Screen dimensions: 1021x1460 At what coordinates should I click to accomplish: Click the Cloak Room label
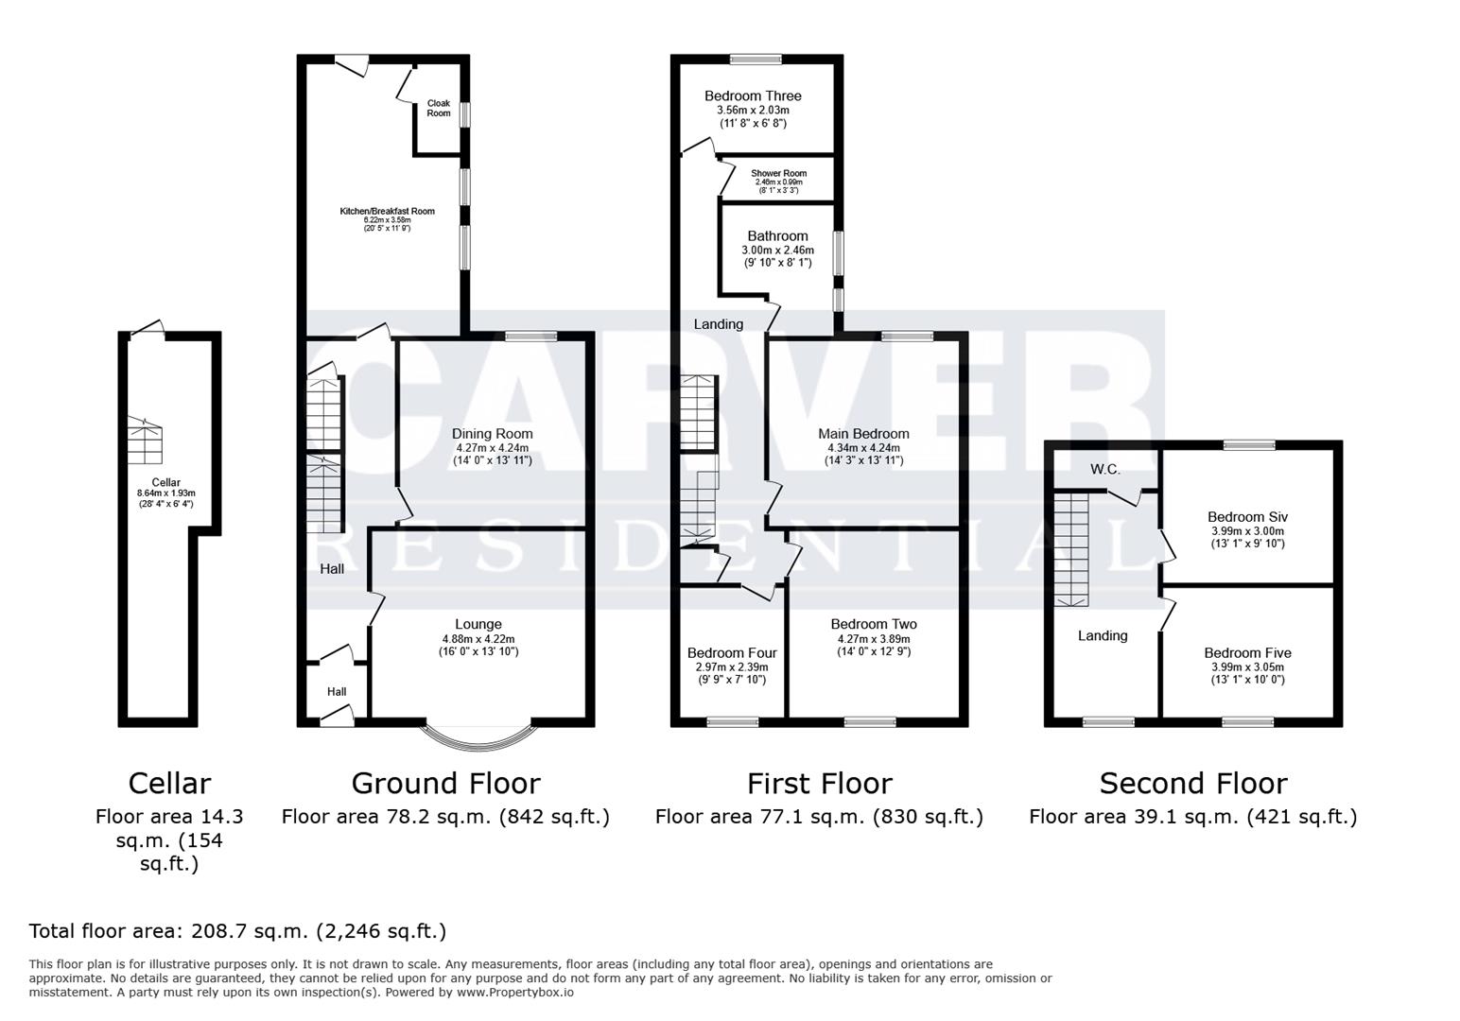439,109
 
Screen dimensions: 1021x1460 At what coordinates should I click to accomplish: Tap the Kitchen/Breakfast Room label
388,211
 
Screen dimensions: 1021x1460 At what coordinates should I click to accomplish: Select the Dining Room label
492,434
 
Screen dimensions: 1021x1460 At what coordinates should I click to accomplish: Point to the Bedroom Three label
753,95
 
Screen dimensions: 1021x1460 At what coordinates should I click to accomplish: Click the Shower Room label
778,174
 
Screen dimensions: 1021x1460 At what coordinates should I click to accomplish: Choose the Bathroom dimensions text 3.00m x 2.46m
777,251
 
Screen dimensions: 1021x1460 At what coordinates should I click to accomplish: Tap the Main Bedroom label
863,434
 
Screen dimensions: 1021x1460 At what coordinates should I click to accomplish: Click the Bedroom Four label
732,653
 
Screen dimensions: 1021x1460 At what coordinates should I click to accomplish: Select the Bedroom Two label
874,624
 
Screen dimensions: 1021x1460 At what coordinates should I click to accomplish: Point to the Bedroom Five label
1247,653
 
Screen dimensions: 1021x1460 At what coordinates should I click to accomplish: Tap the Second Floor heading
1192,784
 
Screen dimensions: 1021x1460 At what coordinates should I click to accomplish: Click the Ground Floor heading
445,784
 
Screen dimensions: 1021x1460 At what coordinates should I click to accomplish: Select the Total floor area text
237,931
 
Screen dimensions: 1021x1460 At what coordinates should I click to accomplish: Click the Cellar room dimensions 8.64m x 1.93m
166,493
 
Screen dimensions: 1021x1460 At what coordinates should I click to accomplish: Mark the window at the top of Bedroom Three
756,60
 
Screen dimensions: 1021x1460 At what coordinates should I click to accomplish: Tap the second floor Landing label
1103,636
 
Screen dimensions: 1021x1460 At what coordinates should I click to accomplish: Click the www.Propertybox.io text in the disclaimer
515,993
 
